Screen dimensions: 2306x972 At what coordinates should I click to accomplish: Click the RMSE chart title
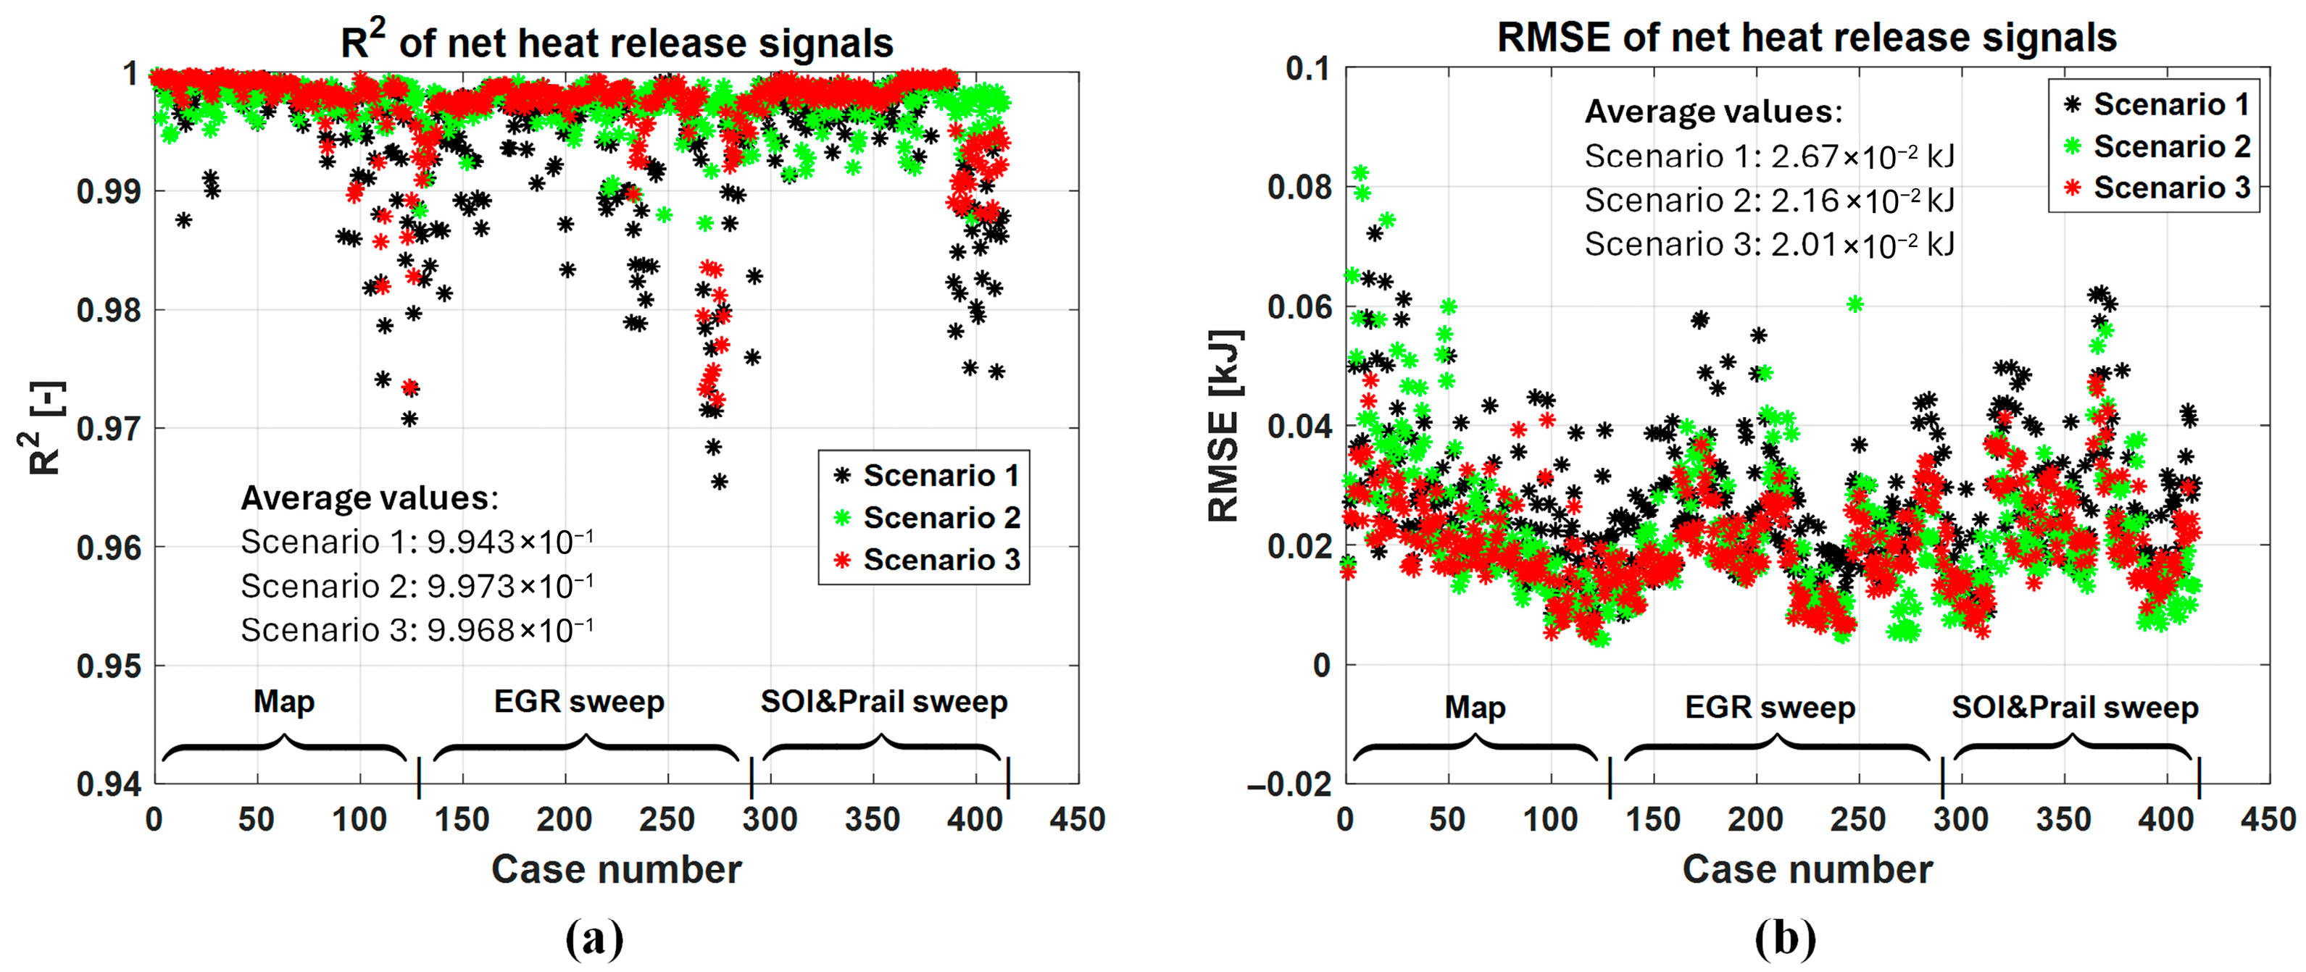coord(1807,38)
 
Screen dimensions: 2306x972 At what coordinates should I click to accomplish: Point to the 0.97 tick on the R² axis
coord(108,429)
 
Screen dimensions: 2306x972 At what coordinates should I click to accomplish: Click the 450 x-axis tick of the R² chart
coord(1078,819)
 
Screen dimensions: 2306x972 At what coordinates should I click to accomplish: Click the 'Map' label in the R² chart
coord(284,701)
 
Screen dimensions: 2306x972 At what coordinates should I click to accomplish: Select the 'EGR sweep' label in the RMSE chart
coord(1770,707)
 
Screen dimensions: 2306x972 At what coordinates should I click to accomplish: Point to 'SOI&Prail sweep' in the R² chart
coord(883,701)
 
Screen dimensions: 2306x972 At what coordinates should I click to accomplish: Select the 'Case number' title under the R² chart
coord(617,869)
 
